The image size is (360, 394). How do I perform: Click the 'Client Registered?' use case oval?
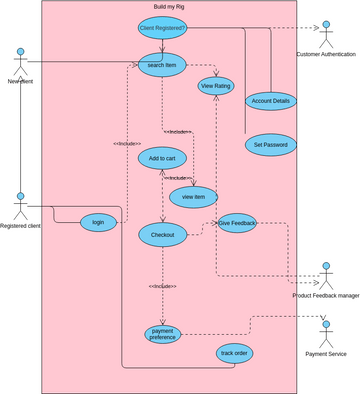163,28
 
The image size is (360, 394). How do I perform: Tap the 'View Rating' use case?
217,86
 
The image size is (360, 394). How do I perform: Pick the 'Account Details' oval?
270,102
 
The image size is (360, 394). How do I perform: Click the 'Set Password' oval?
270,144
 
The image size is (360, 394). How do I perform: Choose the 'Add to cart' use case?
162,159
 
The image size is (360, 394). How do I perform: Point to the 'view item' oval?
193,197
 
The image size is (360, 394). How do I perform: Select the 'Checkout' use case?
162,235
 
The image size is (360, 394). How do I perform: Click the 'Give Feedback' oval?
237,224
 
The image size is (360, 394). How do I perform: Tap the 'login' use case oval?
98,222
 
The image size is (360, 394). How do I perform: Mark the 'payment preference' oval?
163,334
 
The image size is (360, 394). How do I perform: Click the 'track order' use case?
234,353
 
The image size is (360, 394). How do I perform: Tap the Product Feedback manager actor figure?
325,274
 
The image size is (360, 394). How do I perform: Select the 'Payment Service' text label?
326,354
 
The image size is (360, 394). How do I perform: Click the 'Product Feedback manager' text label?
325,296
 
